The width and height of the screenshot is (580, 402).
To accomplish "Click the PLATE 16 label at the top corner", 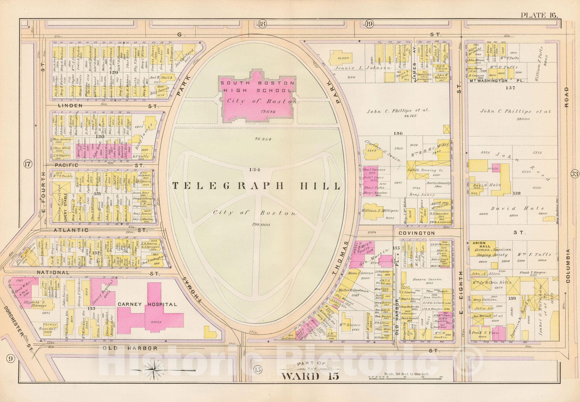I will [539, 15].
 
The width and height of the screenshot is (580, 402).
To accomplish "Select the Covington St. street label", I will [417, 233].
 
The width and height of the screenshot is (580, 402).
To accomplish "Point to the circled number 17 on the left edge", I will [27, 164].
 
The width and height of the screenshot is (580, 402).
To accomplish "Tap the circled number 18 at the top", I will [262, 24].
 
